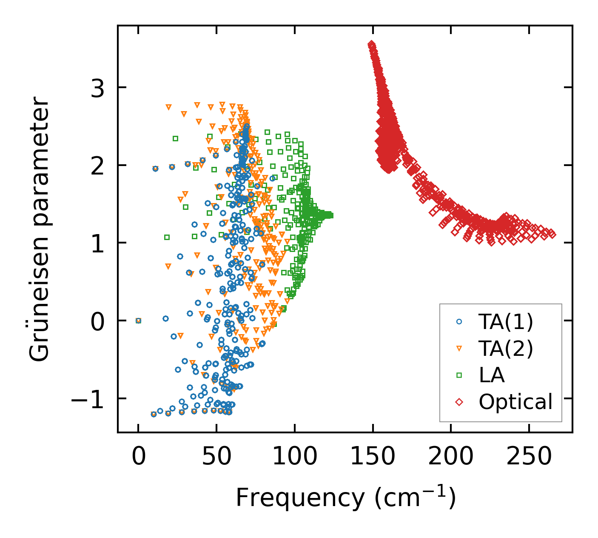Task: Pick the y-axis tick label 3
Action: [97, 88]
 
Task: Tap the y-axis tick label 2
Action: [97, 166]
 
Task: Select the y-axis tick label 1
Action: [97, 243]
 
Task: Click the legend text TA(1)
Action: [506, 322]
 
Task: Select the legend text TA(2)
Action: [506, 349]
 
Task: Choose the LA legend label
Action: [492, 375]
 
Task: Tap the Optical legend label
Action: [515, 401]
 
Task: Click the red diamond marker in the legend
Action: [459, 401]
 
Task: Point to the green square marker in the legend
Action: [459, 375]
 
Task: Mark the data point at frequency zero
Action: [138, 321]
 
